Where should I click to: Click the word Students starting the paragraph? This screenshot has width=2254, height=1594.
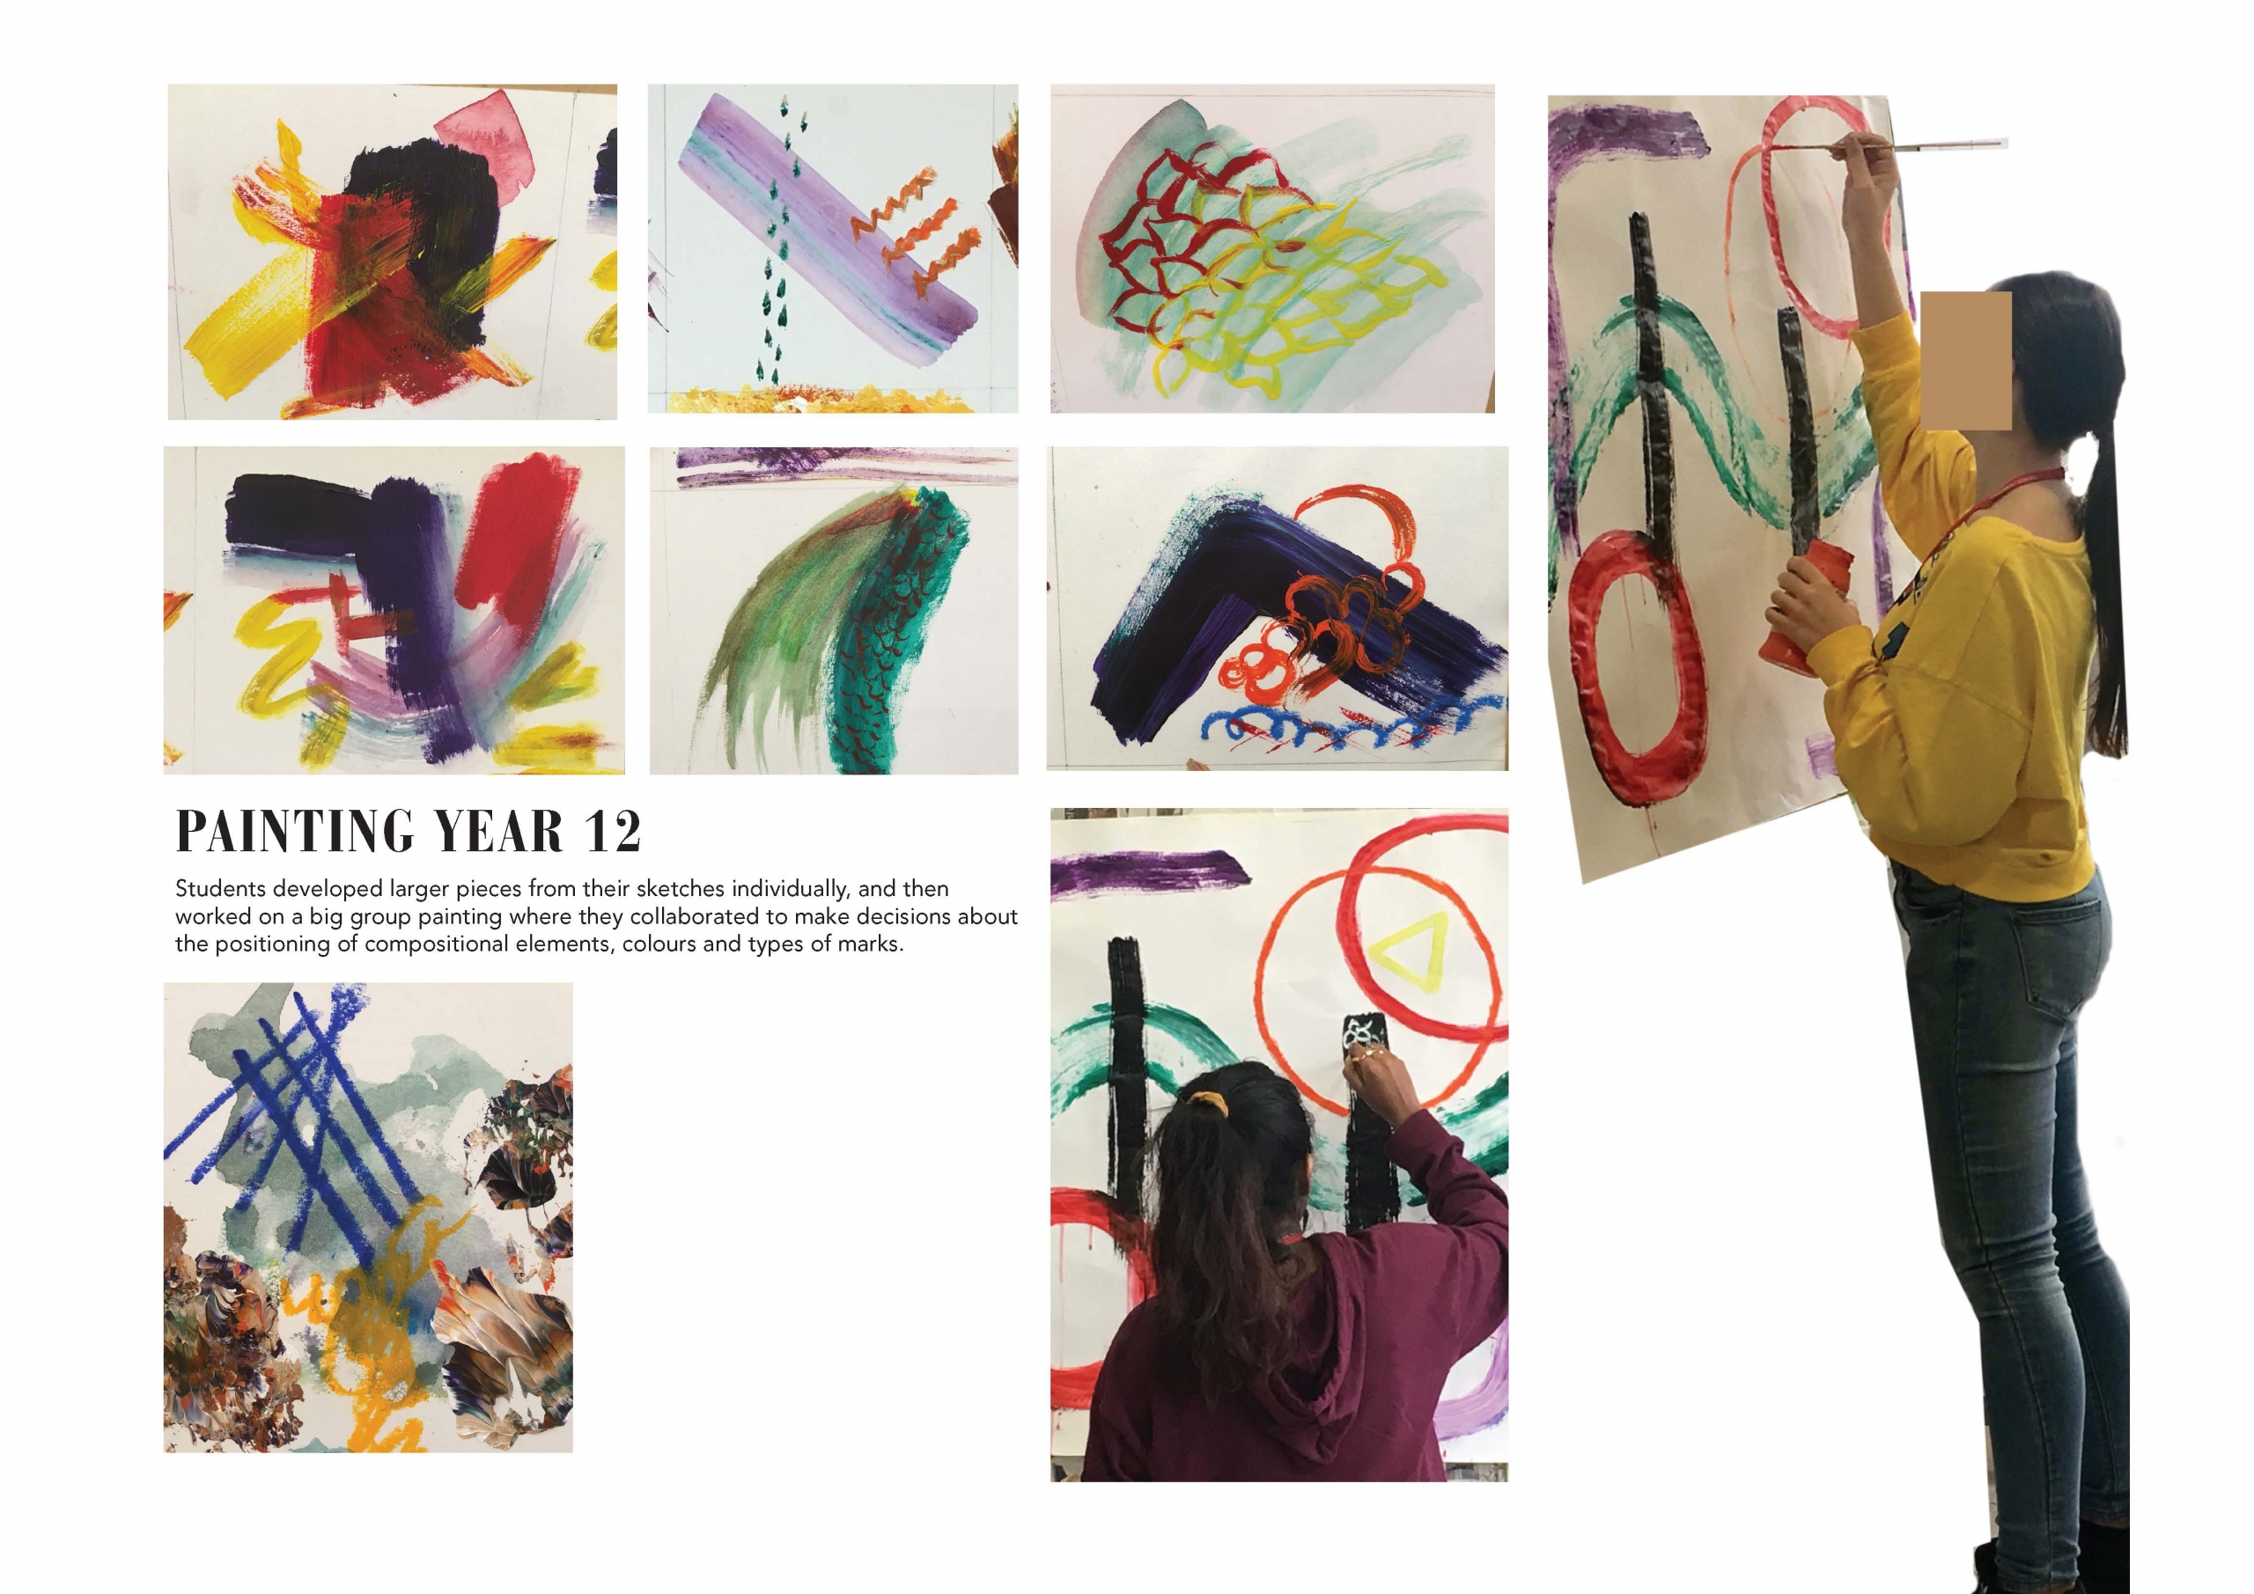(x=221, y=889)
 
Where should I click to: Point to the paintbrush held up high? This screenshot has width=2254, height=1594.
(x=1885, y=146)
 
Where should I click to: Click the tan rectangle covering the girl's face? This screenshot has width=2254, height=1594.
(x=1966, y=359)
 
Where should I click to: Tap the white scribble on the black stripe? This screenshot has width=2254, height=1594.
(x=1361, y=1032)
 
